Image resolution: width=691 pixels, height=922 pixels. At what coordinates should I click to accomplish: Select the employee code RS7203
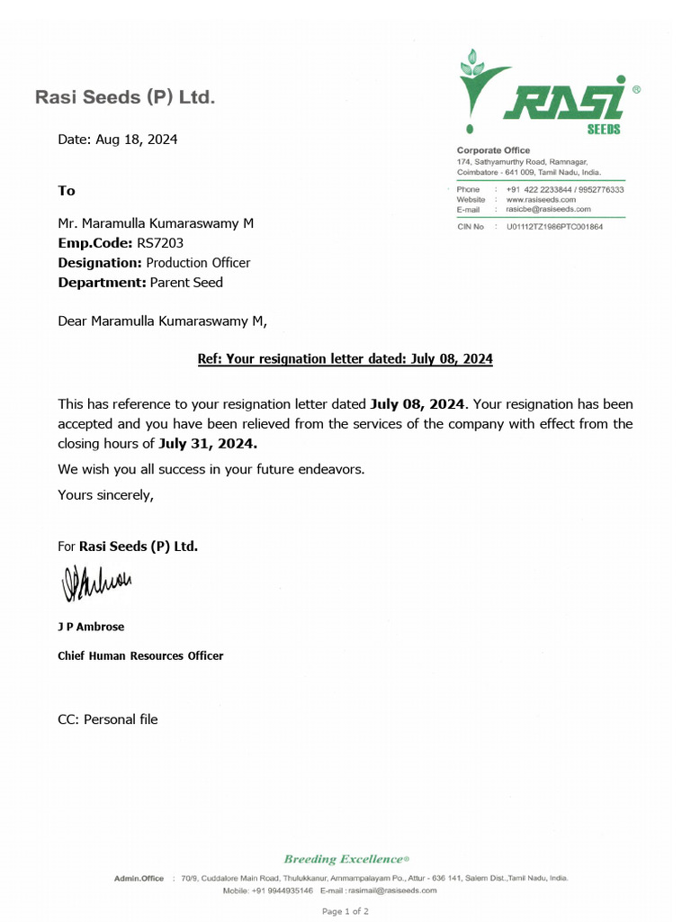click(x=161, y=243)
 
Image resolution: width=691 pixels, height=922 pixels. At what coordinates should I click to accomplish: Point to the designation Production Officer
click(x=198, y=263)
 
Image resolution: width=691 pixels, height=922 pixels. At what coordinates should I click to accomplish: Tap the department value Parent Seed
click(x=186, y=283)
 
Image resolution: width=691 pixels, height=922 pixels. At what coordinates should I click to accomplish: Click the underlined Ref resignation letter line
click(x=345, y=358)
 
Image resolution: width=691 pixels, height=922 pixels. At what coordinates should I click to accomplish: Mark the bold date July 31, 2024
click(x=208, y=443)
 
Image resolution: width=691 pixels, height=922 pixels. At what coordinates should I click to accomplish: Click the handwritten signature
click(x=96, y=584)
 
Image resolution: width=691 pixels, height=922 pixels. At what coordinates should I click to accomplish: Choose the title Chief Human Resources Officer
click(x=140, y=655)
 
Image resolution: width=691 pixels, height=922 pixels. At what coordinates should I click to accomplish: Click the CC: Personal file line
click(x=108, y=719)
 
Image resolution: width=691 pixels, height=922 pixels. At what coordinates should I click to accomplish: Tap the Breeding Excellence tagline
click(x=345, y=859)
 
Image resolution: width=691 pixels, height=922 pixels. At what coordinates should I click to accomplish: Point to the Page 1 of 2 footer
click(x=345, y=911)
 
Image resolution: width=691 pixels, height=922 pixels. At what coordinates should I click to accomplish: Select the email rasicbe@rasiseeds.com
click(x=548, y=208)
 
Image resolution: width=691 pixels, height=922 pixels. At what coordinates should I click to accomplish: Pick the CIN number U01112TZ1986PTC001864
click(x=554, y=227)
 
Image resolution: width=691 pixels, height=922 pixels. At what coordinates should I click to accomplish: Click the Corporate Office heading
click(x=493, y=150)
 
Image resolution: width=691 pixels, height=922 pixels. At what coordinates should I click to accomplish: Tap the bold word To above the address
click(x=67, y=191)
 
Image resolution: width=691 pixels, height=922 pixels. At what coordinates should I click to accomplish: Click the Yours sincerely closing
click(x=106, y=494)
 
